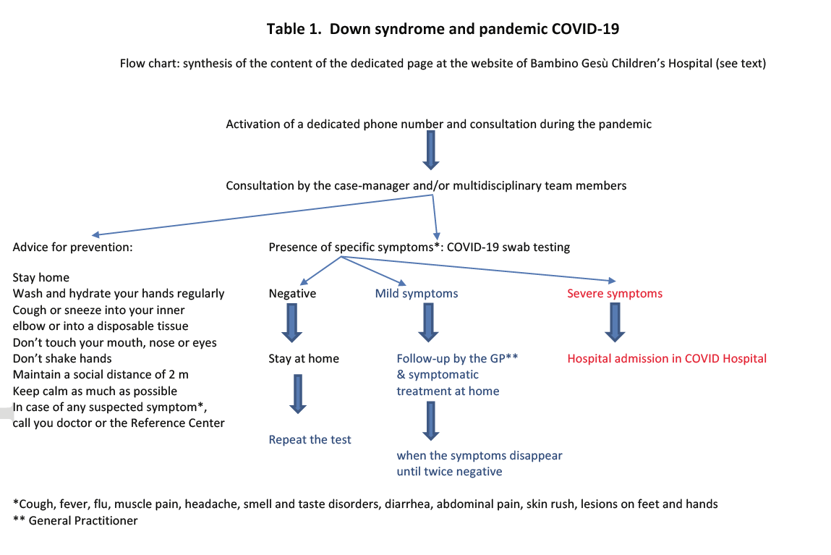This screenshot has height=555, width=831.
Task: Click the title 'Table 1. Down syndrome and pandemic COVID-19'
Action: pyautogui.click(x=443, y=29)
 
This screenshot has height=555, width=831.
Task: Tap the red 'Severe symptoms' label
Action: pyautogui.click(x=615, y=294)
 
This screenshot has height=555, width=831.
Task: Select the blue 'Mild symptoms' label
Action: pyautogui.click(x=417, y=294)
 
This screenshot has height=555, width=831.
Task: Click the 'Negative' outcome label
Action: pyautogui.click(x=292, y=294)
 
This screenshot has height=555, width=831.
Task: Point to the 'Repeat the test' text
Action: pyautogui.click(x=310, y=439)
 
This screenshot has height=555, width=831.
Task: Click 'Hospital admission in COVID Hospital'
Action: pyautogui.click(x=667, y=359)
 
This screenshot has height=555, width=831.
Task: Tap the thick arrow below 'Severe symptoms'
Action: pyautogui.click(x=615, y=322)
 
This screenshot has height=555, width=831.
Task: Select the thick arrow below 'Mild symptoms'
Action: pyautogui.click(x=428, y=322)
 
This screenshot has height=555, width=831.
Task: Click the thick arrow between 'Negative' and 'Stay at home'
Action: pyautogui.click(x=291, y=322)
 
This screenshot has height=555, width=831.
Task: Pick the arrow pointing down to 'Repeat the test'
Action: pyautogui.click(x=298, y=394)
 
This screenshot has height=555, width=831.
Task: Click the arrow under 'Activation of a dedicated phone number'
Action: pyautogui.click(x=431, y=151)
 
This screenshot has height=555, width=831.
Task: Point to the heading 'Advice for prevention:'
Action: pyautogui.click(x=72, y=247)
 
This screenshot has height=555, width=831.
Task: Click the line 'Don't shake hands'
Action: pyautogui.click(x=62, y=359)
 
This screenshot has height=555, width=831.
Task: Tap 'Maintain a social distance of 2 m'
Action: pyautogui.click(x=101, y=375)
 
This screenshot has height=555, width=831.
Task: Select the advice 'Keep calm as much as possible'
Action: pyautogui.click(x=95, y=391)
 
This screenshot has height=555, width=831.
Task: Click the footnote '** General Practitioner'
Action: pyautogui.click(x=75, y=520)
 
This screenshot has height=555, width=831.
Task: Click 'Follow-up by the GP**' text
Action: pyautogui.click(x=457, y=359)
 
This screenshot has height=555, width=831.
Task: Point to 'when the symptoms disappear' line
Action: pyautogui.click(x=480, y=455)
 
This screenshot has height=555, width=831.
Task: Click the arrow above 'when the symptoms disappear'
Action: pyautogui.click(x=431, y=421)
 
